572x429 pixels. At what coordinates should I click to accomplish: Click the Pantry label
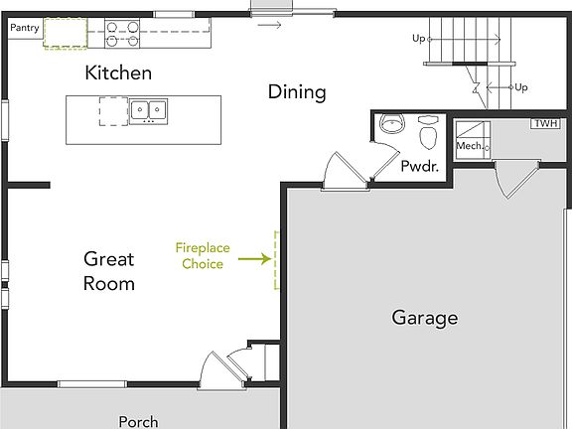pos(25,28)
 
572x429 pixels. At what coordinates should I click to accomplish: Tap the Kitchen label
pos(118,72)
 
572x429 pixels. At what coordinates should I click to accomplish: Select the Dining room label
pos(297,92)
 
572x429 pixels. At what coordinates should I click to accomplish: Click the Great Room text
pos(109,271)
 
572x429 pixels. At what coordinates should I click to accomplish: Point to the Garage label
pos(424,318)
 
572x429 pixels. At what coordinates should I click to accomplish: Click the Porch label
pos(138,421)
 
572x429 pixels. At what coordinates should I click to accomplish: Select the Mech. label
pos(469,146)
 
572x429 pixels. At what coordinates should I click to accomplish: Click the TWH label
pos(544,124)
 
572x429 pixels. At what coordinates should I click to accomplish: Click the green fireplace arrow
pos(255,259)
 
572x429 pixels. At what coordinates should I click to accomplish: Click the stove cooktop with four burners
pos(121,35)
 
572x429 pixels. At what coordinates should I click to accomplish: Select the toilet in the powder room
pos(429,132)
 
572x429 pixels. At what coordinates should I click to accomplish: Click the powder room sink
pos(392,126)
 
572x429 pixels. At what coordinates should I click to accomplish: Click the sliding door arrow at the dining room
pos(270,24)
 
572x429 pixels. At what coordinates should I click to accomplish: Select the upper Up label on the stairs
pos(420,39)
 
